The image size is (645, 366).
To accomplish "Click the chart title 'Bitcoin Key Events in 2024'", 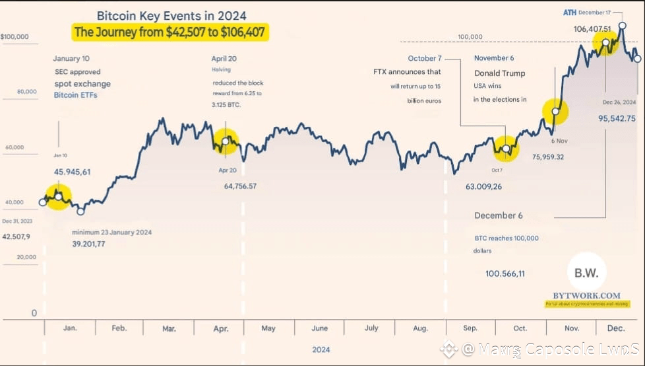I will coord(171,16).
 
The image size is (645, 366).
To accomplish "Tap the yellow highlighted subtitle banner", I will coord(170,32).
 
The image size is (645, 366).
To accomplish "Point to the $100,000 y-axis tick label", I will coord(15,37).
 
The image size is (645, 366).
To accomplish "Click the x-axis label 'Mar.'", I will coord(169,328).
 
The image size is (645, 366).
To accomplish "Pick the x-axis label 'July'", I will coord(371,328).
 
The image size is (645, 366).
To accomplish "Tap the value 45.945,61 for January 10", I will coord(72,172).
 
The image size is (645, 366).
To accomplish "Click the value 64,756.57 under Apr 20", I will coord(240,186).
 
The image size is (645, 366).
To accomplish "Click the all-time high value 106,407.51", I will coord(592,29).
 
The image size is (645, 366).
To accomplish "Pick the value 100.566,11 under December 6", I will coord(505,274).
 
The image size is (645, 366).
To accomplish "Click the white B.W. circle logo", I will coord(586,271).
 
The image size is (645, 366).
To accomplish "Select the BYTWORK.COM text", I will coord(587,295).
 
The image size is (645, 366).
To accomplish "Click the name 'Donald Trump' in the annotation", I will coord(499,73).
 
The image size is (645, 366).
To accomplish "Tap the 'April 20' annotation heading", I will coord(224,58).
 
